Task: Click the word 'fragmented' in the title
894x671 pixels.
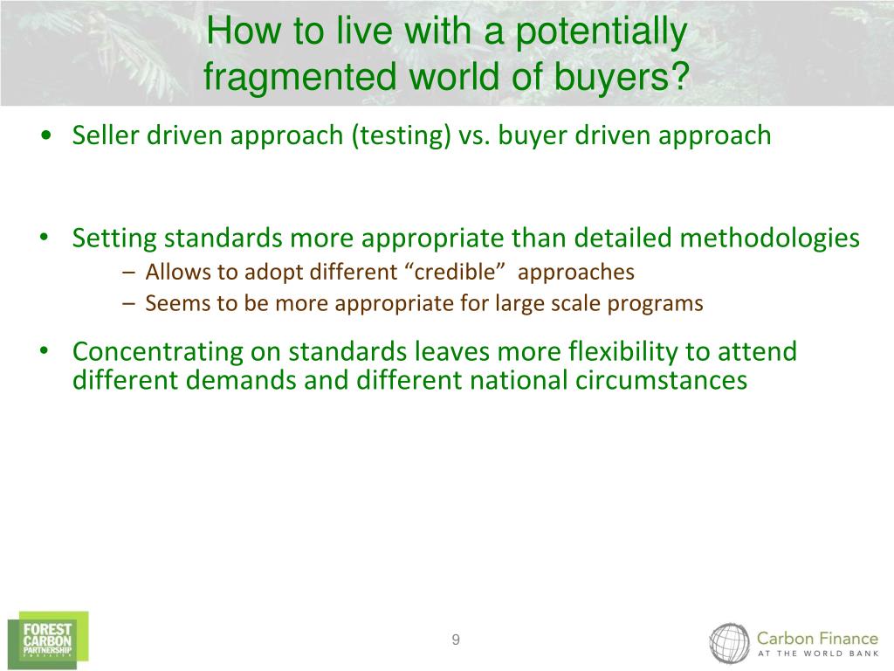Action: [300, 77]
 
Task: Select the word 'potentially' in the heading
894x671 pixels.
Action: [601, 32]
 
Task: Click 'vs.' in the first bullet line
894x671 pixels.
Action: [474, 136]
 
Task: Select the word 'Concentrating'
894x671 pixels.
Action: [158, 352]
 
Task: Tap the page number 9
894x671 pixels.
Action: [456, 640]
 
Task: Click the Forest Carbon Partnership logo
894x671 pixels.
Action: [48, 640]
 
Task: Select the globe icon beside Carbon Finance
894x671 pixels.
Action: [729, 644]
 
